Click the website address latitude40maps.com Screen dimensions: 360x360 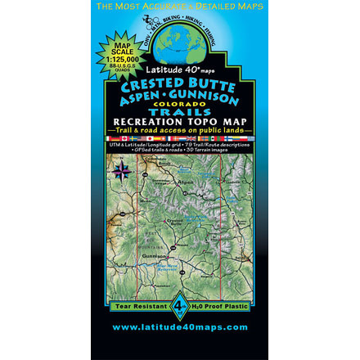(180, 326)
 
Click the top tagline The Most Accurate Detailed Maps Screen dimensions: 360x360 (180, 6)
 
